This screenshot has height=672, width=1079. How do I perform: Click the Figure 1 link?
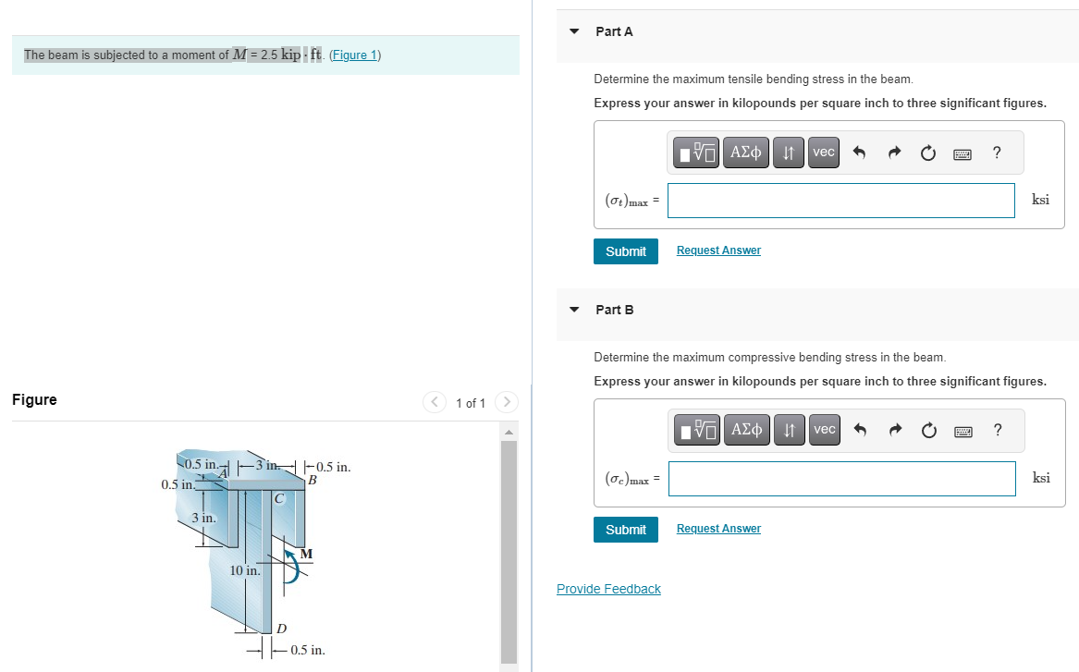click(x=355, y=55)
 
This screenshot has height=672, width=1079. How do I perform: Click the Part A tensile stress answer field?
click(x=840, y=201)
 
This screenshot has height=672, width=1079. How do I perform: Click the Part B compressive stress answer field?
click(x=840, y=479)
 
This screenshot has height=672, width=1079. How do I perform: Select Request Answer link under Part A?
click(x=718, y=250)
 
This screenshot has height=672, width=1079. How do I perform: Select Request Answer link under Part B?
click(x=718, y=529)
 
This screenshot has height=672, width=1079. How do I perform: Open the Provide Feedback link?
click(x=608, y=589)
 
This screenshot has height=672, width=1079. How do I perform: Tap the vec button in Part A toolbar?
click(x=823, y=153)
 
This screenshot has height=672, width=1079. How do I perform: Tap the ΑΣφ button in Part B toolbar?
click(x=746, y=430)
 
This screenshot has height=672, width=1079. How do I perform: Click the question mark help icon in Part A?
click(x=996, y=153)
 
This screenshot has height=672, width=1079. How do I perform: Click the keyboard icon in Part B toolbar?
click(x=963, y=431)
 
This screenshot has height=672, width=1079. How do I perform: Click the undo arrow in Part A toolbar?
click(x=858, y=153)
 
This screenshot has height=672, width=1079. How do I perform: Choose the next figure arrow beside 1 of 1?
click(x=506, y=402)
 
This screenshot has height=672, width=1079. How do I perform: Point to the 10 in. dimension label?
click(x=245, y=571)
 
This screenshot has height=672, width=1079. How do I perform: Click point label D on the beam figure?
click(x=282, y=629)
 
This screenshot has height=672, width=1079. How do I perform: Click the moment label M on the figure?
click(x=306, y=554)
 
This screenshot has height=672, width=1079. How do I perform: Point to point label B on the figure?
click(x=313, y=481)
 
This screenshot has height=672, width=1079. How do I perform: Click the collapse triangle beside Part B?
click(x=574, y=310)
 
